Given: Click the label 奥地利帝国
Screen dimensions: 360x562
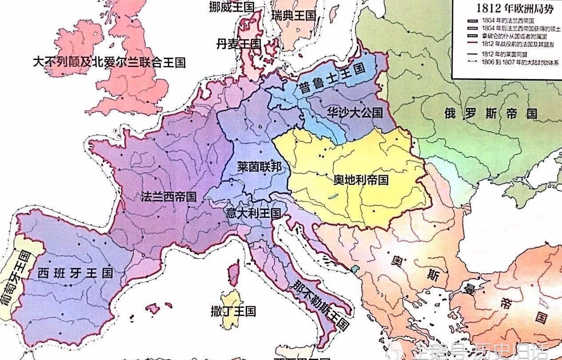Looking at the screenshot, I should coord(361,180).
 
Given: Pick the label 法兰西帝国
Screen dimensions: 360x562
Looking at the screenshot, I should coord(169,197).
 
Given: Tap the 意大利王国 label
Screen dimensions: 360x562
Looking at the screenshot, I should coord(253,212).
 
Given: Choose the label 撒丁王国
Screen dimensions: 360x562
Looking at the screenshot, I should coord(233,311).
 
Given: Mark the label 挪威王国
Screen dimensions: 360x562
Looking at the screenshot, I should coord(231,6).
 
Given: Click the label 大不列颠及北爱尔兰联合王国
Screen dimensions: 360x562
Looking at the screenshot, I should coord(109,62).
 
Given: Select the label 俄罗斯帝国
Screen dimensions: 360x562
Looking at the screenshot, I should coord(490,113).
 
